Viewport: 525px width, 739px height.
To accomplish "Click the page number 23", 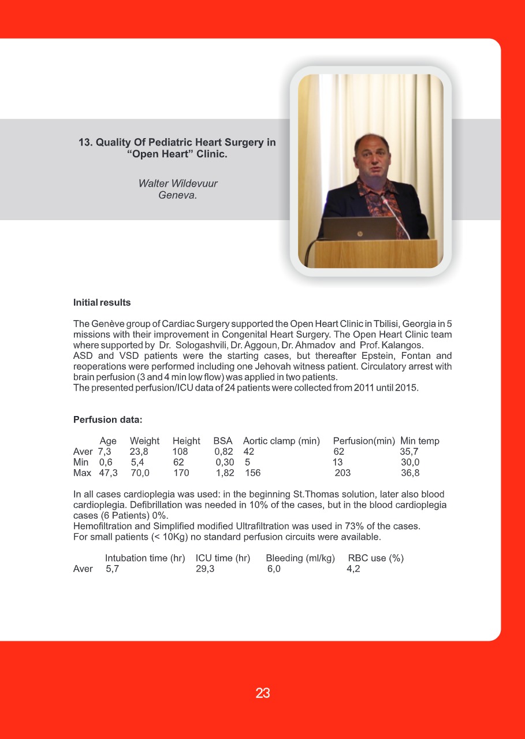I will click(263, 693).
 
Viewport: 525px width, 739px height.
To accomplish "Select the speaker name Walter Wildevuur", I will click(178, 184).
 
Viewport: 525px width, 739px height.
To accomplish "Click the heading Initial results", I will click(102, 302).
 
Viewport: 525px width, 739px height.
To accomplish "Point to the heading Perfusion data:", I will click(107, 419).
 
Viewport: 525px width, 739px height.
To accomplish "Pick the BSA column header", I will click(222, 441).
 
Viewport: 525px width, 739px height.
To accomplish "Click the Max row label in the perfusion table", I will click(82, 473).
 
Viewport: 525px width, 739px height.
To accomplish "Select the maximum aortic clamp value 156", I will click(253, 473).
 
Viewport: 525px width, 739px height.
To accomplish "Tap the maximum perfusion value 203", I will click(342, 473).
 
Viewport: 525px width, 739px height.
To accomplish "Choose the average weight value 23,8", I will click(139, 452).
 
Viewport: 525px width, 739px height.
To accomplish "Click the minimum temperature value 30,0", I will click(410, 462).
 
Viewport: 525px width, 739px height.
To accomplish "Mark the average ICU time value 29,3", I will click(205, 569).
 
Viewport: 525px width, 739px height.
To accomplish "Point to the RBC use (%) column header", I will click(375, 558).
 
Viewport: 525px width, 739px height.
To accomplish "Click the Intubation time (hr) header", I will click(145, 558).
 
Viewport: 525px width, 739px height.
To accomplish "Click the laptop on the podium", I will click(359, 228).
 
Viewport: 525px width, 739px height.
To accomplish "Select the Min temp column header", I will click(420, 441).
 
